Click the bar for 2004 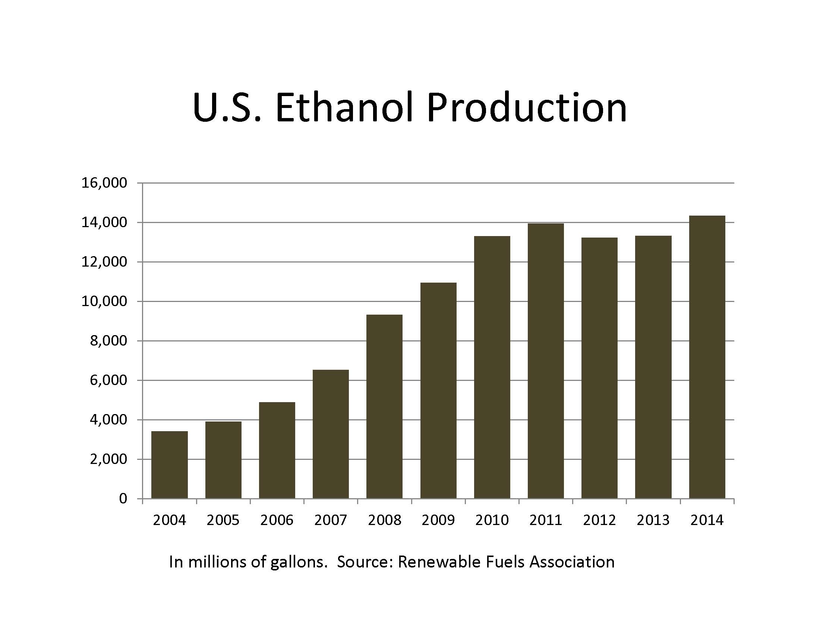click(169, 465)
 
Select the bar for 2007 click(331, 434)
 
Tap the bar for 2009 click(439, 391)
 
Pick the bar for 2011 click(546, 361)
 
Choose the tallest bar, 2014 click(707, 357)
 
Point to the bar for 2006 click(277, 451)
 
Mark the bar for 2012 click(600, 368)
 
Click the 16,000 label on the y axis click(104, 183)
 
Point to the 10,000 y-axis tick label click(104, 302)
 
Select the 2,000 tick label click(108, 459)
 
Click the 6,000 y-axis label click(108, 380)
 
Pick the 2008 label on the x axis click(385, 520)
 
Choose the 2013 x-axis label click(653, 520)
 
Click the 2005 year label click(223, 520)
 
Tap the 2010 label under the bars click(492, 520)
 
